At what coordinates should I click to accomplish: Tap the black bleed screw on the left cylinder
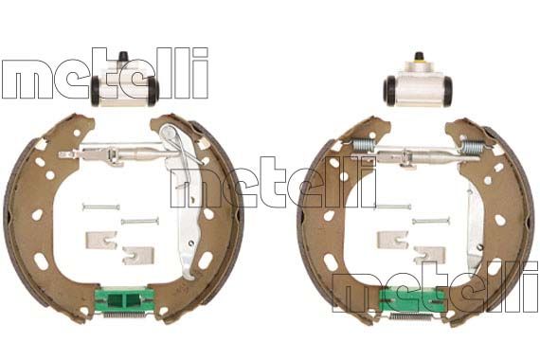point(122,56)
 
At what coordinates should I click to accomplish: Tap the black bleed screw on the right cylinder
point(419,56)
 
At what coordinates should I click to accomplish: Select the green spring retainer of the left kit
point(124,299)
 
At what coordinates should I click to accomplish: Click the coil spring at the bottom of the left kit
point(124,314)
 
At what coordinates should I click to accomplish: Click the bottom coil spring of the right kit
point(412,315)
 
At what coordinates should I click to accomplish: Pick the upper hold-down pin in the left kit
point(101,207)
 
